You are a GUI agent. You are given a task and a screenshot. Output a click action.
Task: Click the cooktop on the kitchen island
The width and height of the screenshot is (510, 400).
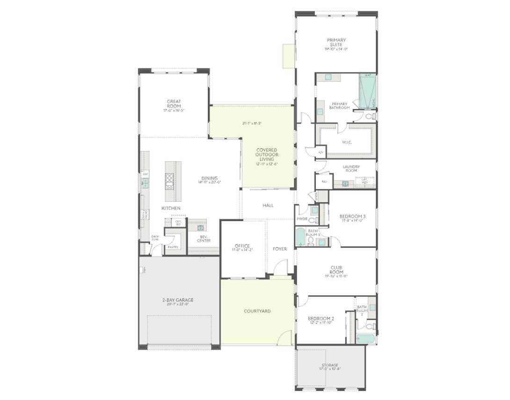169,180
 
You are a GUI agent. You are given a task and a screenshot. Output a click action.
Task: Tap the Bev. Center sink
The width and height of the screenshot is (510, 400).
201,228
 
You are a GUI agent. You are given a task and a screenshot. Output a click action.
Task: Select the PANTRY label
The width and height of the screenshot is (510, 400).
172,247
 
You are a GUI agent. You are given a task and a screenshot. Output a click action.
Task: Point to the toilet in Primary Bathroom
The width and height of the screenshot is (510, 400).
369,116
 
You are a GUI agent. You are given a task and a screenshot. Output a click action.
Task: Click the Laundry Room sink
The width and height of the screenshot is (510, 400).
345,183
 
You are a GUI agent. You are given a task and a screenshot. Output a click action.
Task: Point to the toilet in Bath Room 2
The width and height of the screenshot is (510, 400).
369,326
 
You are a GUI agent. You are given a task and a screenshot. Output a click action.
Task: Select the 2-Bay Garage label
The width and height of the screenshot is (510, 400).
178,300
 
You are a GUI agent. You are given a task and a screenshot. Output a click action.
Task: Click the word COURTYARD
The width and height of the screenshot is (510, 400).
257,311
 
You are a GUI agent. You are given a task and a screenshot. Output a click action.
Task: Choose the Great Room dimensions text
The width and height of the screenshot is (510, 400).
174,111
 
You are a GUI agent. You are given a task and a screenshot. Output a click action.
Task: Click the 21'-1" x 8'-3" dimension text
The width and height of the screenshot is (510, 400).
252,124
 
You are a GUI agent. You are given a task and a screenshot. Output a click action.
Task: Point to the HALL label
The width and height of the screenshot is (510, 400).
268,205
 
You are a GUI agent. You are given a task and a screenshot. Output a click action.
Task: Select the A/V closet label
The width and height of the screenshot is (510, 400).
321,153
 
